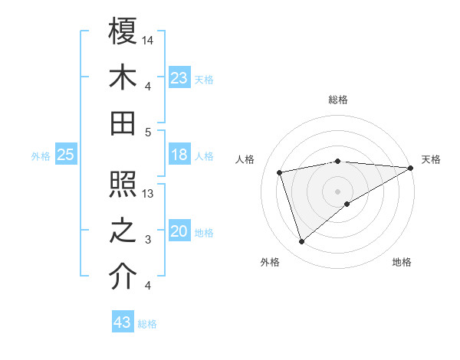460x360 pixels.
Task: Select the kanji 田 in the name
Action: (x=123, y=122)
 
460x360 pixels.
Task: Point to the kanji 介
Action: (x=123, y=277)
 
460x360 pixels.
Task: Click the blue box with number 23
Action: (x=179, y=77)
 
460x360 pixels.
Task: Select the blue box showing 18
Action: (x=179, y=155)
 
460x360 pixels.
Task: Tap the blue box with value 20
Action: (x=179, y=231)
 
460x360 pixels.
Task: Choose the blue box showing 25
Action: (x=66, y=155)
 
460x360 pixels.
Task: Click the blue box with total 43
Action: (x=123, y=322)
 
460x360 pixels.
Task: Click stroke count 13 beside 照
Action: (x=149, y=194)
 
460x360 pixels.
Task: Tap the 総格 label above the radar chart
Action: (x=338, y=100)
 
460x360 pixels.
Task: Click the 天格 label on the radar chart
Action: (x=431, y=159)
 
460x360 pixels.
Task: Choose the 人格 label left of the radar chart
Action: (x=246, y=159)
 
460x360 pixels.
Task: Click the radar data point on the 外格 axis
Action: (x=301, y=242)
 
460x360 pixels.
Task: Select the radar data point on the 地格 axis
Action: (x=347, y=204)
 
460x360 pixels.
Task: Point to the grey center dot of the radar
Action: (x=338, y=191)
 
